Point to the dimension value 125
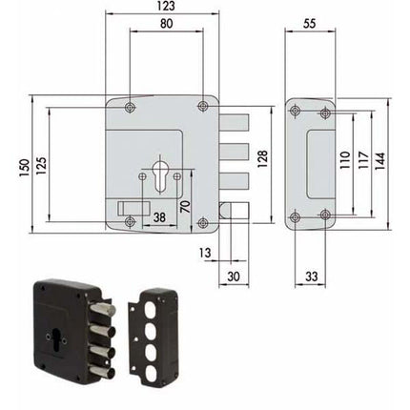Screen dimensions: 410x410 coord(41,167)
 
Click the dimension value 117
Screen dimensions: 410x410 coord(361,162)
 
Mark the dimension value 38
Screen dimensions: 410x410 coord(159,216)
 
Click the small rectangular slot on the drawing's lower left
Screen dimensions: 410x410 coord(128,207)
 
